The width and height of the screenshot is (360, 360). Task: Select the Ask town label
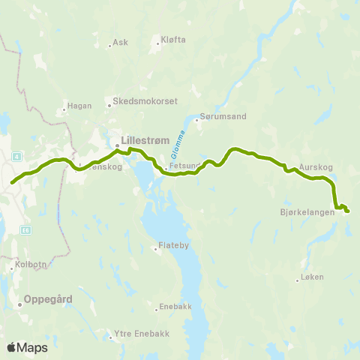tap(120, 42)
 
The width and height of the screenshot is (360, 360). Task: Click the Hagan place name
tap(79, 106)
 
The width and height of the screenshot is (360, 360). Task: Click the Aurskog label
tap(314, 166)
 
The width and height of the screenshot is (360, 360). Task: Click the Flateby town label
tap(175, 246)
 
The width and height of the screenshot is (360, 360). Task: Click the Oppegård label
tap(48, 298)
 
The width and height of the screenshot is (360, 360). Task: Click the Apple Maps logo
tap(27, 347)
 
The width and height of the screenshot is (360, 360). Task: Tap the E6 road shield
tap(26, 229)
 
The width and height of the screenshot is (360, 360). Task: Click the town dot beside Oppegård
tap(19, 304)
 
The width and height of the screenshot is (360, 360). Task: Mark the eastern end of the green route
tap(347, 211)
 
